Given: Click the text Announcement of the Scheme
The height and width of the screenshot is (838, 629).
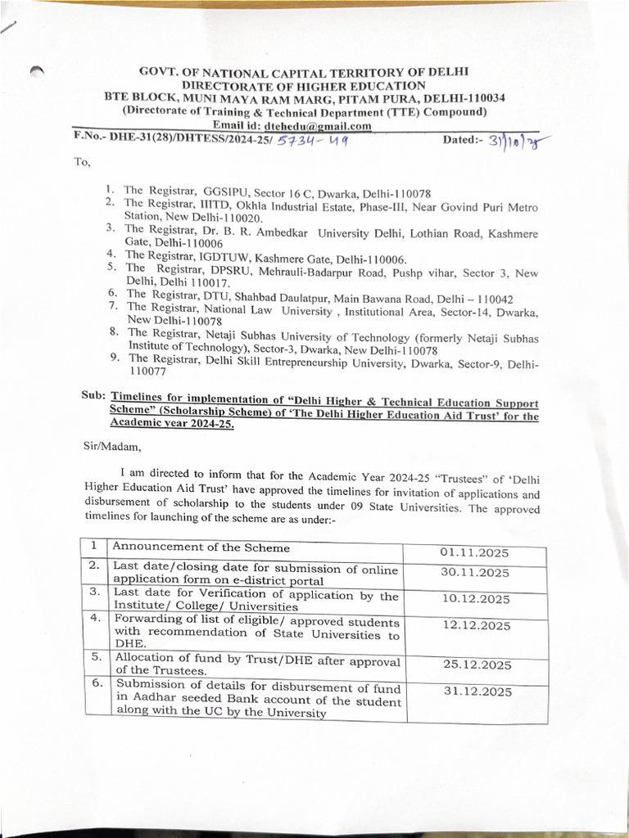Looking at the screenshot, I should pyautogui.click(x=201, y=547).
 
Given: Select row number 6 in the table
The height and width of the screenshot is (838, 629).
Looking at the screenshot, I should pyautogui.click(x=97, y=683).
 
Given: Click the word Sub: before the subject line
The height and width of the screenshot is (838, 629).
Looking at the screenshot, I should pyautogui.click(x=93, y=395).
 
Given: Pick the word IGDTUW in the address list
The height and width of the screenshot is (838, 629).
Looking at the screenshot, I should pyautogui.click(x=220, y=255).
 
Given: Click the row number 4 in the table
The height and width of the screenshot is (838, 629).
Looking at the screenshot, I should pyautogui.click(x=96, y=619).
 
